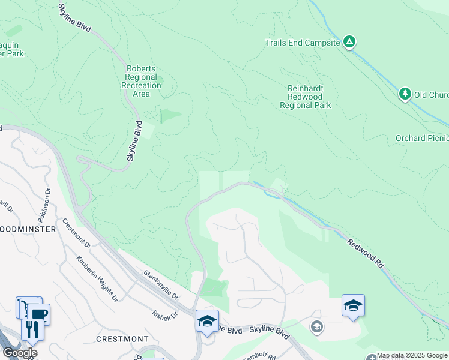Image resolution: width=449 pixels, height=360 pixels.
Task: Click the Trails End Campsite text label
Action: pos(303,43)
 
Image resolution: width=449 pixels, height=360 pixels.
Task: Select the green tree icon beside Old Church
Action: pos(405,94)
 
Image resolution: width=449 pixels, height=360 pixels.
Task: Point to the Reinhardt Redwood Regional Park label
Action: pos(305,97)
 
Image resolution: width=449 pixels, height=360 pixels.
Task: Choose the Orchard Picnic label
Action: pos(421,138)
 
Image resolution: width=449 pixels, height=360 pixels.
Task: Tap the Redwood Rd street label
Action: pos(366,252)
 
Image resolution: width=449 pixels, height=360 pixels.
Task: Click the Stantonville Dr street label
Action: pos(161,284)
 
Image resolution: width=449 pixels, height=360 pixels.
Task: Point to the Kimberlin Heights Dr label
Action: pos(95,278)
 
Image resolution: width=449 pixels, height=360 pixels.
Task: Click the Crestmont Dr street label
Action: pos(76,235)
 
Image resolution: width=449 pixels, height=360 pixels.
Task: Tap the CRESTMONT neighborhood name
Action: pos(122,339)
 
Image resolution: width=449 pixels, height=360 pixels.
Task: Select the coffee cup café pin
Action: pos(38,314)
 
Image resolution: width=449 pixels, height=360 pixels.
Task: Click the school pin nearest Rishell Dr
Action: pos(207,320)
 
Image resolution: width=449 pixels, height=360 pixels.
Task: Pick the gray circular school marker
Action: pos(316,327)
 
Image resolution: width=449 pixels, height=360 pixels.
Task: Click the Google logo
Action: pos(19,352)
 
